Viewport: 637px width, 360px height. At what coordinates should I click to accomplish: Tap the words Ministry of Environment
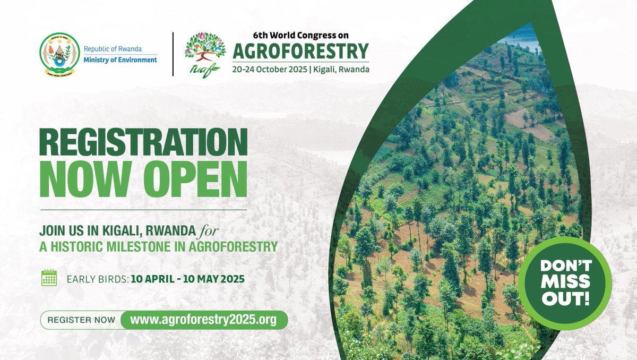pos(120,59)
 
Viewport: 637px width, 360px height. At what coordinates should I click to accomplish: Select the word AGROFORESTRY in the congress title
pos(300,52)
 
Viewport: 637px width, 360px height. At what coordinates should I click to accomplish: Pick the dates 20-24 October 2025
pos(269,70)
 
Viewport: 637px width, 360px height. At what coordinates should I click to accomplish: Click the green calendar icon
pos(49,278)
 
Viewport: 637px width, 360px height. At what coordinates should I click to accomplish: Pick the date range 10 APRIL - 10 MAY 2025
pos(188,278)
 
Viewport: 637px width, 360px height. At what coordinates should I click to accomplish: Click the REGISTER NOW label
pos(81,320)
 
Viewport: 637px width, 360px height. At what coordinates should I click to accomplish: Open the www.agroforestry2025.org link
pos(203,320)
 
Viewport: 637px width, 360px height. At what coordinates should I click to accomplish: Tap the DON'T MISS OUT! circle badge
pos(565,283)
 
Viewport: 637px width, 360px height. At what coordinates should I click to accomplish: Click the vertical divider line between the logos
pos(173,54)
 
